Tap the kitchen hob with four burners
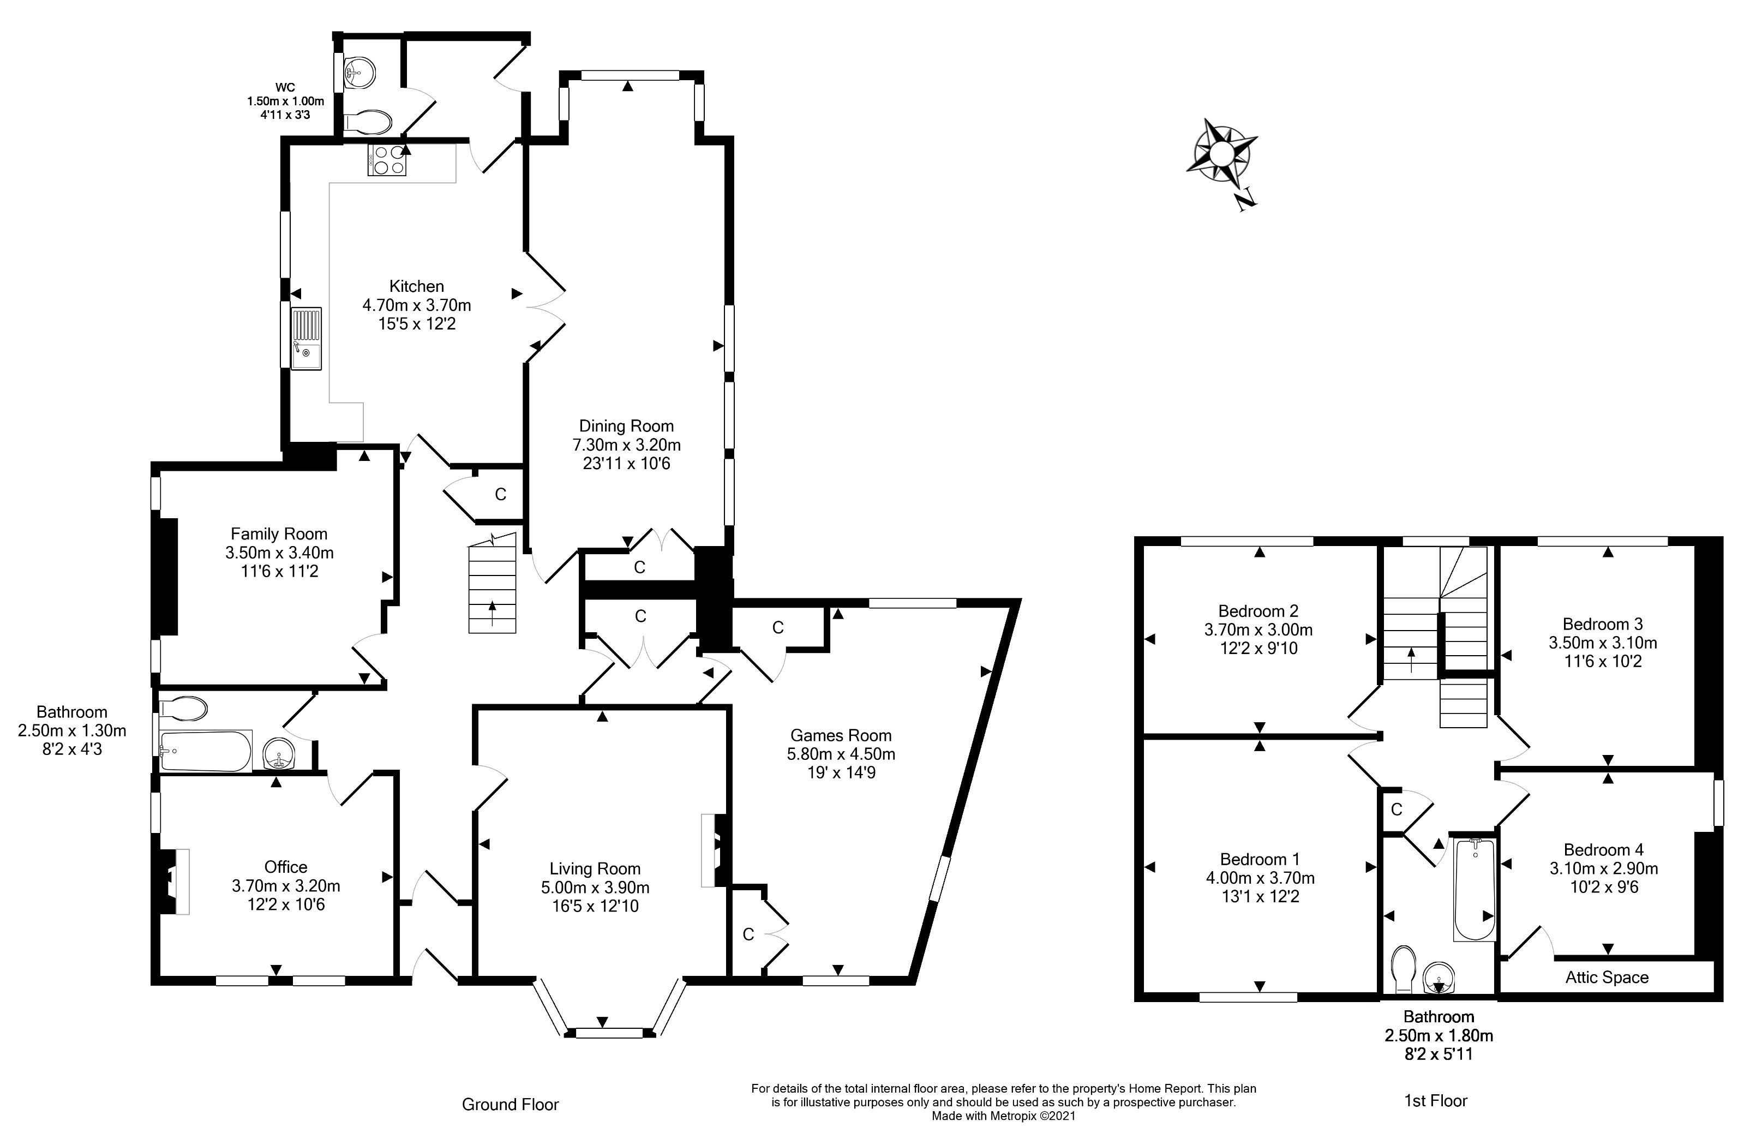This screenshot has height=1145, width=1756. [x=387, y=160]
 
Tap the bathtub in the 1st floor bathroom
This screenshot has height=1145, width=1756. [x=1474, y=890]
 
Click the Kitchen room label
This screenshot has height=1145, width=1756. [x=417, y=286]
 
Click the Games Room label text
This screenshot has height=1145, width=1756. [x=841, y=735]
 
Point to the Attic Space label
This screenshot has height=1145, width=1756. [x=1607, y=978]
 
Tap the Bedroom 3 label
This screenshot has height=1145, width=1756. [x=1603, y=624]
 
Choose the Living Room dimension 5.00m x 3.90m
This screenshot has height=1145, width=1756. [x=595, y=888]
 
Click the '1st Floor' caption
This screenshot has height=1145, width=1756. [x=1436, y=1101]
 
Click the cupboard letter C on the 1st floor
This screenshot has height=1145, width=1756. [x=1397, y=810]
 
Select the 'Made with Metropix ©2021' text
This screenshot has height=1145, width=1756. [x=1003, y=1116]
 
